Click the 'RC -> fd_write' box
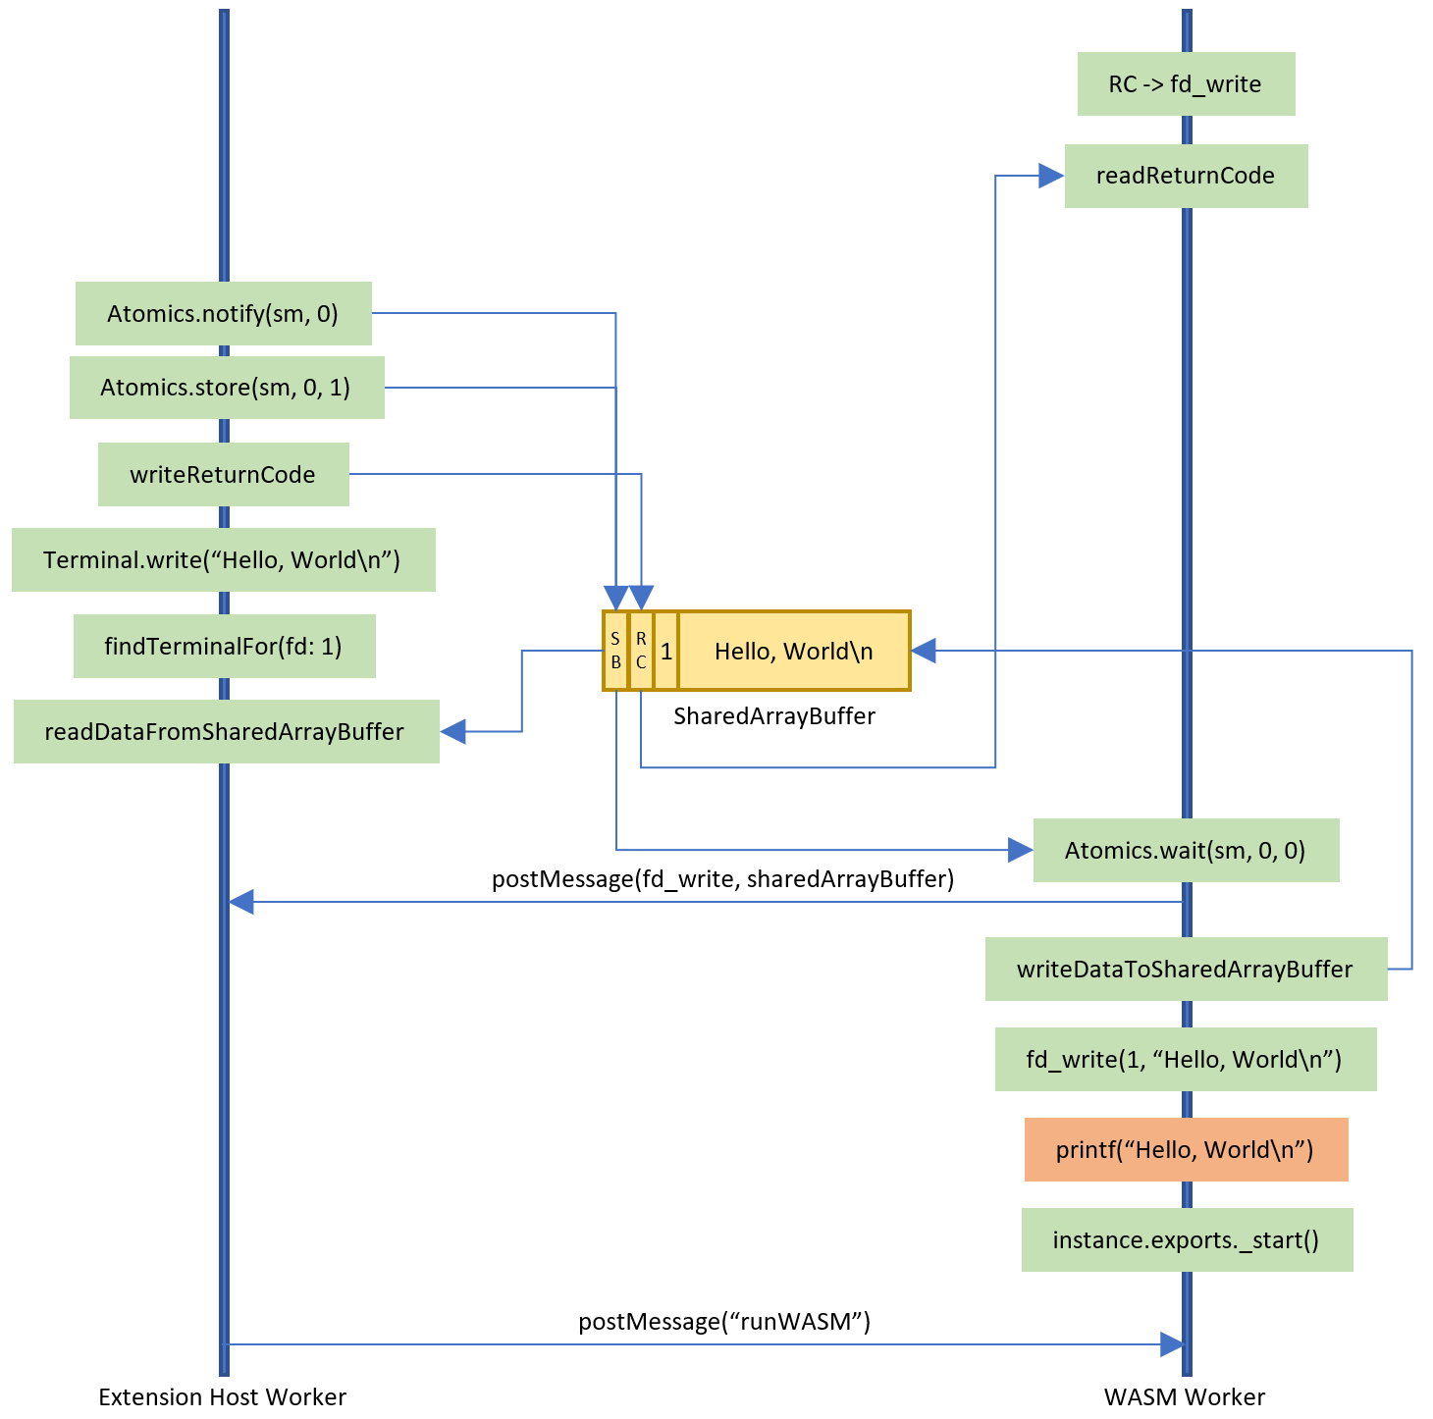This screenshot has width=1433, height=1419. (x=1186, y=84)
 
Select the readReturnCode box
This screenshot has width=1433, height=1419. (x=1186, y=176)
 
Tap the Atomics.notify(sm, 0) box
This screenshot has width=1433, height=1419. (x=223, y=314)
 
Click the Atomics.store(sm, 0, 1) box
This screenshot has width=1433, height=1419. (x=226, y=388)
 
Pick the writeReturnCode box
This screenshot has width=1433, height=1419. (x=223, y=475)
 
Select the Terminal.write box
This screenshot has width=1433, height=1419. (x=223, y=560)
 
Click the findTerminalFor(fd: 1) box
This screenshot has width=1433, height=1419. (x=224, y=647)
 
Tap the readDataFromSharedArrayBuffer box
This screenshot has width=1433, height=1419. (x=226, y=732)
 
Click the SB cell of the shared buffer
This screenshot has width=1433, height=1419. (x=615, y=652)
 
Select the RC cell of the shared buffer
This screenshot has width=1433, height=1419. (x=641, y=652)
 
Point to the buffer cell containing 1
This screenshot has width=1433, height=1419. (x=666, y=652)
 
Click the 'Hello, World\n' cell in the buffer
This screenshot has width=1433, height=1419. (x=793, y=652)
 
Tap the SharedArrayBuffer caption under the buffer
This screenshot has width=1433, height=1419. (x=774, y=716)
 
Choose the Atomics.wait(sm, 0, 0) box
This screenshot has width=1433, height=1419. (x=1186, y=851)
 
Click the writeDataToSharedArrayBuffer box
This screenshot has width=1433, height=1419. (x=1186, y=970)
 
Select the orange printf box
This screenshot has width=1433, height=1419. (x=1186, y=1150)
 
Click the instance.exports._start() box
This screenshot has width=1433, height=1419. (x=1187, y=1240)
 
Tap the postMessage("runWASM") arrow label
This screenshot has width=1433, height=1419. (x=724, y=1322)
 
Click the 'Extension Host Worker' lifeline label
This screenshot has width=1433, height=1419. (x=223, y=1397)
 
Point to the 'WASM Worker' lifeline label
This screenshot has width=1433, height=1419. (x=1185, y=1397)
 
